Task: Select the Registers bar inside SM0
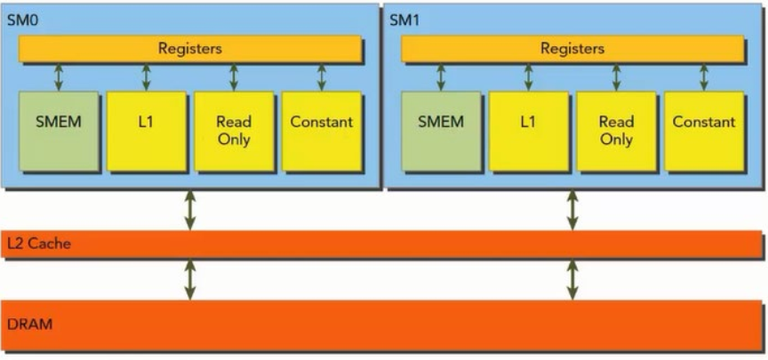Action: tap(190, 49)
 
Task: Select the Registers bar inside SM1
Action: tap(572, 49)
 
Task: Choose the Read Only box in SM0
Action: tap(234, 131)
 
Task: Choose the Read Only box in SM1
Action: tap(616, 131)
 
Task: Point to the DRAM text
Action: tap(29, 324)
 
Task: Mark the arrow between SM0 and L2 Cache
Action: tap(189, 210)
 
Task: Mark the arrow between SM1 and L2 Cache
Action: tap(572, 210)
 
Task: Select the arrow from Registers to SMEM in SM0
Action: tap(59, 76)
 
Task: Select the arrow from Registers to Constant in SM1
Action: tap(704, 76)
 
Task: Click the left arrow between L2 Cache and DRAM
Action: tap(189, 279)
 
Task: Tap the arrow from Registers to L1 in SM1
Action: tap(528, 76)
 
